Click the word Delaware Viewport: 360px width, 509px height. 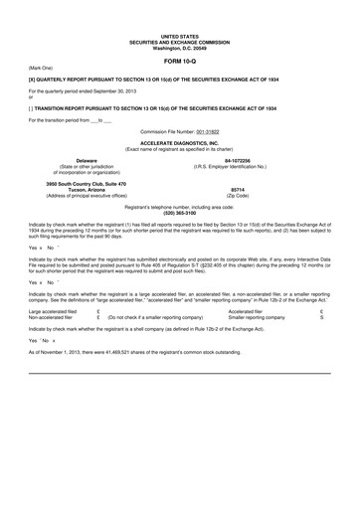point(87,158)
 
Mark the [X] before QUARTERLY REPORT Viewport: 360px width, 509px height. point(33,76)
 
